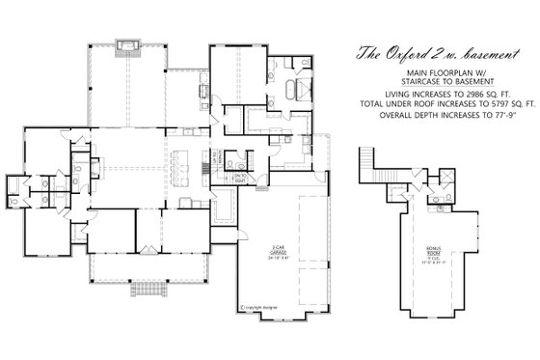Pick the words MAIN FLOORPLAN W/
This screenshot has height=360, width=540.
(x=428, y=71)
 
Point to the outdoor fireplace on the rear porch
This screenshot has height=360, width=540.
(x=127, y=44)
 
